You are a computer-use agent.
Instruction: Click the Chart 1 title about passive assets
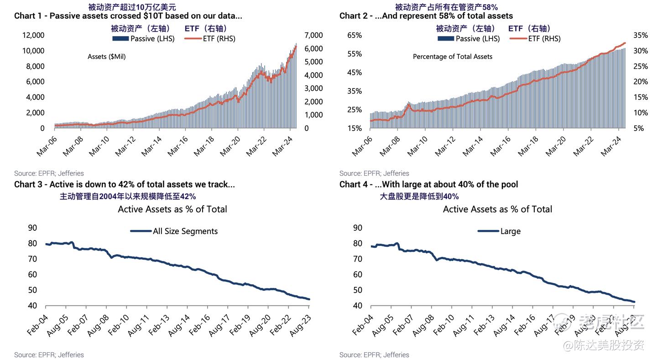pyautogui.click(x=128, y=16)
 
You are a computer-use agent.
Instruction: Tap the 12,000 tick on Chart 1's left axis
pyautogui.click(x=33, y=36)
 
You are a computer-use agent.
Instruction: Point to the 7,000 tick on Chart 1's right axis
pyautogui.click(x=313, y=36)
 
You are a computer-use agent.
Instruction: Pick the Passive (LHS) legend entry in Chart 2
pyautogui.click(x=469, y=39)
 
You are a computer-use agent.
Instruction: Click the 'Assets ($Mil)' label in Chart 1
pyautogui.click(x=106, y=57)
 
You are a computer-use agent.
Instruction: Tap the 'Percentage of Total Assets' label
pyautogui.click(x=452, y=57)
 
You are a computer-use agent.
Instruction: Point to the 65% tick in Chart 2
pyautogui.click(x=355, y=36)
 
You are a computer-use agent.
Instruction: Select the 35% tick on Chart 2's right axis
pyautogui.click(x=641, y=36)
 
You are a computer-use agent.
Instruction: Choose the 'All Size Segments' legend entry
pyautogui.click(x=174, y=231)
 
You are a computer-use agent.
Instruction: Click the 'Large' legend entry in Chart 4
pyautogui.click(x=499, y=231)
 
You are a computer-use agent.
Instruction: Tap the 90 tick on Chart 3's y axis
pyautogui.click(x=32, y=228)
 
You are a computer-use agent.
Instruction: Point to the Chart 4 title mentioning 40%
pyautogui.click(x=428, y=185)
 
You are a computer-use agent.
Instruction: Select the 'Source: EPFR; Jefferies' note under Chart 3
pyautogui.click(x=49, y=355)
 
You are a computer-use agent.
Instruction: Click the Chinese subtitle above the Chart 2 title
pyautogui.click(x=446, y=7)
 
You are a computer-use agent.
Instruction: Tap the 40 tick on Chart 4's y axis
pyautogui.click(x=358, y=306)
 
